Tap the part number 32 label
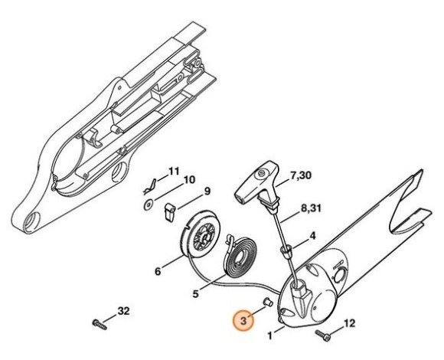tap(123, 311)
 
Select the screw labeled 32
tap(100, 324)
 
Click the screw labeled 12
tap(323, 335)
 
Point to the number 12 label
tap(349, 323)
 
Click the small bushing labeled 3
tap(268, 302)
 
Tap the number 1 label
tap(270, 336)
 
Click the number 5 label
tap(196, 293)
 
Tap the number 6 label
tap(158, 272)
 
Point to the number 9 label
tap(207, 191)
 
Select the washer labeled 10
tap(149, 205)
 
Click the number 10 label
tap(189, 180)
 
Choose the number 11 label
tap(174, 172)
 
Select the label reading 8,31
tap(311, 209)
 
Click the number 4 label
tap(312, 236)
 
